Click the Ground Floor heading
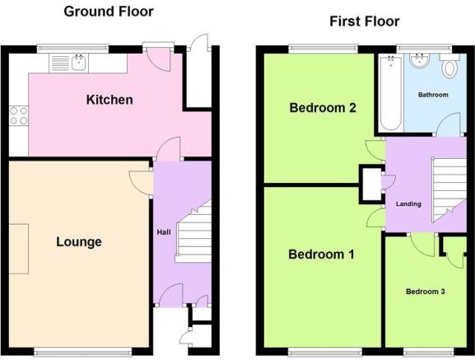click(109, 12)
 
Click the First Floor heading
click(365, 21)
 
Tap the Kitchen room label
click(109, 100)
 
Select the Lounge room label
click(79, 242)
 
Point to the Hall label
click(164, 232)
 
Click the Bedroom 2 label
click(323, 108)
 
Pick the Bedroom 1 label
click(321, 255)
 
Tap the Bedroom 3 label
click(426, 292)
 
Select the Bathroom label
click(433, 95)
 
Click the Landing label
click(408, 204)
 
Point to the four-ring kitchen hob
click(18, 116)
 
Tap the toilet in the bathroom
click(449, 67)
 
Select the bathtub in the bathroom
click(391, 93)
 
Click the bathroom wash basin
click(420, 61)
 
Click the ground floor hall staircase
click(193, 233)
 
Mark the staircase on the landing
click(449, 190)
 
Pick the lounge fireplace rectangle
click(19, 249)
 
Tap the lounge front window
click(82, 351)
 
